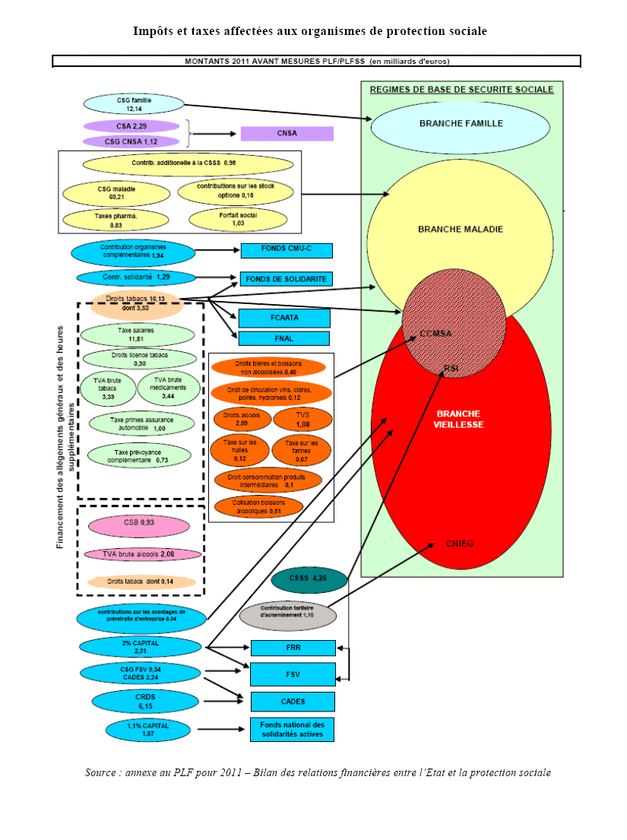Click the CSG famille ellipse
pyautogui.click(x=135, y=105)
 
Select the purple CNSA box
pyautogui.click(x=287, y=134)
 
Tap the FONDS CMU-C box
pyautogui.click(x=287, y=251)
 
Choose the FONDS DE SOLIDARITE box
pyautogui.click(x=287, y=279)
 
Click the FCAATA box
pyautogui.click(x=284, y=318)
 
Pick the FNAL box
pyautogui.click(x=284, y=338)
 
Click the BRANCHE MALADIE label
pyautogui.click(x=461, y=229)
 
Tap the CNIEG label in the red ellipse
pyautogui.click(x=459, y=544)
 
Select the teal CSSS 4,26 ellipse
pyautogui.click(x=309, y=579)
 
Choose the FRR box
pyautogui.click(x=293, y=648)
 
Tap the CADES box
pyautogui.click(x=293, y=701)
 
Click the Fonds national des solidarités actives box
pyautogui.click(x=292, y=730)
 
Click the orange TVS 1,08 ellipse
pyautogui.click(x=302, y=419)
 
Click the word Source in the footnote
pyautogui.click(x=100, y=773)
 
